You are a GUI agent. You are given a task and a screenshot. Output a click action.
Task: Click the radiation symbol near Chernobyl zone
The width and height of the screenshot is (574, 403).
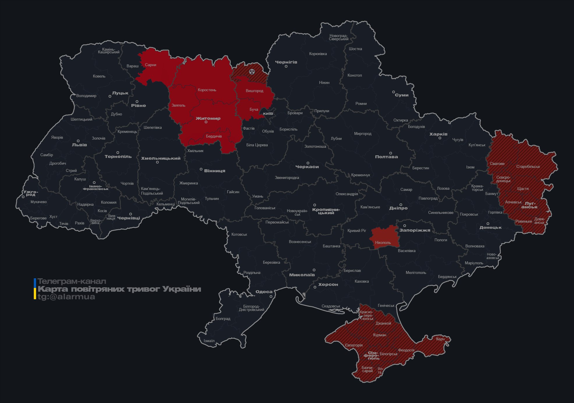[252, 71]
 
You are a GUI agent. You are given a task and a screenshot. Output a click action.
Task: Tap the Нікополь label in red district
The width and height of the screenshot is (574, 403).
[383, 242]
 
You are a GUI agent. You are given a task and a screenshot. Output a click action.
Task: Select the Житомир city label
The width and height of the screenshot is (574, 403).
[208, 118]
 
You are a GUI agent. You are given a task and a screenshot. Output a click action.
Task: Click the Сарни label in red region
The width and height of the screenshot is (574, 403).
[151, 65]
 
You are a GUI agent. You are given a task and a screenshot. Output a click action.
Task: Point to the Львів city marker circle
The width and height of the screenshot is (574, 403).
[78, 141]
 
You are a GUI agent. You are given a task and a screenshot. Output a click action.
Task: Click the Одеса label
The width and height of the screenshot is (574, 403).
[264, 292]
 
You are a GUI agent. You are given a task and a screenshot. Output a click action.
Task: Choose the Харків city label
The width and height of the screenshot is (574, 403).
[438, 134]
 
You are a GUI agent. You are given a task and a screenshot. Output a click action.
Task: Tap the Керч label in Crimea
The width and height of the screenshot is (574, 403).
[440, 339]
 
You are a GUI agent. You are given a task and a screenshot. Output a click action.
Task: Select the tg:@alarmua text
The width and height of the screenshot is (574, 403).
[66, 297]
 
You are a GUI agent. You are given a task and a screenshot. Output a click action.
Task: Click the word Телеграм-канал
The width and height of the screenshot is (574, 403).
[72, 281]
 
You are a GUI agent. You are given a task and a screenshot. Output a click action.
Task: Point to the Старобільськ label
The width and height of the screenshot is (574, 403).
[528, 166]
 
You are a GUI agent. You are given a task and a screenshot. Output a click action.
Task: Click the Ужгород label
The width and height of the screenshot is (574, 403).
[31, 193]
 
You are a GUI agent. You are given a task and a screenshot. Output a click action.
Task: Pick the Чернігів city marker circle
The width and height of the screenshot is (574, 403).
[286, 66]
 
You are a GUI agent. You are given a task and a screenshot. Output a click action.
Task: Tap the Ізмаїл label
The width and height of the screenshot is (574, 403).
[209, 341]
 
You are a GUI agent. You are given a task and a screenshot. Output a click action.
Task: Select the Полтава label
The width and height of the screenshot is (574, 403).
[386, 157]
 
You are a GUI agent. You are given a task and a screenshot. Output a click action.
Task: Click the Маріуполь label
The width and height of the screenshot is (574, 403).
[474, 263]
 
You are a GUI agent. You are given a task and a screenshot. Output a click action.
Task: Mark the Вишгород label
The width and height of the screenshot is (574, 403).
[254, 91]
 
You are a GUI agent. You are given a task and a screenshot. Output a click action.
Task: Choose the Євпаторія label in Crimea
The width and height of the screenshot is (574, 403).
[354, 345]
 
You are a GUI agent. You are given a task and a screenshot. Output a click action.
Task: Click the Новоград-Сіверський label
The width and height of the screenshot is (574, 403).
[338, 37]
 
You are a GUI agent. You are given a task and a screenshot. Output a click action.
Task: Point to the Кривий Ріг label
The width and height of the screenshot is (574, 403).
[356, 230]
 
